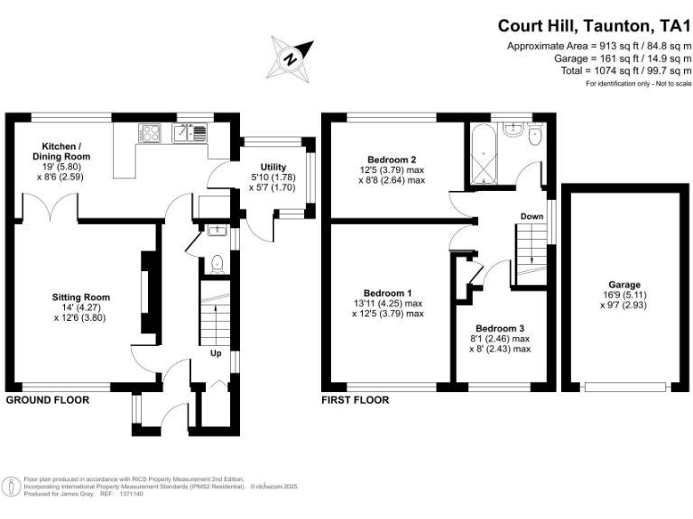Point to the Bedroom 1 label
(388, 293)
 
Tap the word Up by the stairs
(216, 354)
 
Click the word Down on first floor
(531, 216)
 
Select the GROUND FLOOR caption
(48, 400)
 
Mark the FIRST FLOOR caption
(356, 400)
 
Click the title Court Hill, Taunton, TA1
(594, 27)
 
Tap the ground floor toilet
(215, 264)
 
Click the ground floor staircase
(215, 315)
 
